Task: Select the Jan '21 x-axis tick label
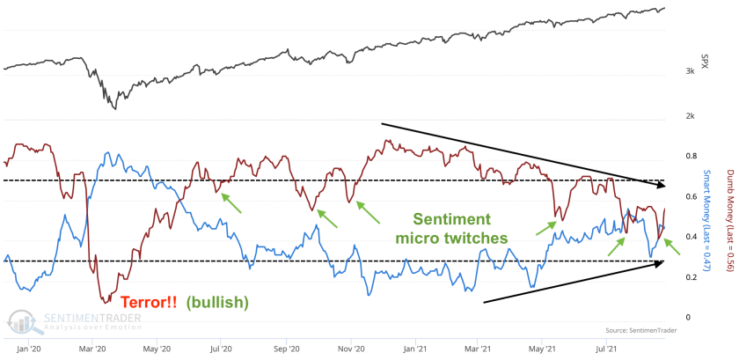414,348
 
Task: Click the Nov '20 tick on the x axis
351,348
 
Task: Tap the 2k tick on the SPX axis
691,115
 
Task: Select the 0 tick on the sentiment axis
689,317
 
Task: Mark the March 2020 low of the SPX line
115,108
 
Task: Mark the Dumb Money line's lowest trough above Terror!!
103,300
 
